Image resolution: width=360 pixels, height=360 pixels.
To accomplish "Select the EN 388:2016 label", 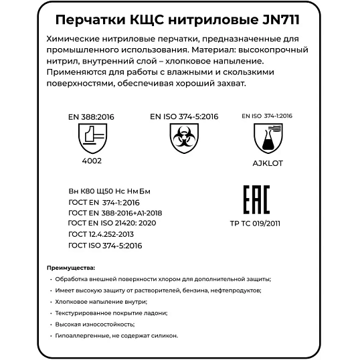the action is click(92, 116).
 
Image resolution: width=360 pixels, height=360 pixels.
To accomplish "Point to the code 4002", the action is click(91, 161).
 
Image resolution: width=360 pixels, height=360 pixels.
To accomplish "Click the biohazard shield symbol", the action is click(179, 140).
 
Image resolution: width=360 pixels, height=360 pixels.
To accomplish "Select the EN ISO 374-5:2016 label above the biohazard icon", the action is click(180, 116).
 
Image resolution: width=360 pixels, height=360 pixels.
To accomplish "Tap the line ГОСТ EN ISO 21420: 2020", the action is click(112, 223).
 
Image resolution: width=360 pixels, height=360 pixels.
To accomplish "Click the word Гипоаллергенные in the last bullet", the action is click(80, 336).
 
